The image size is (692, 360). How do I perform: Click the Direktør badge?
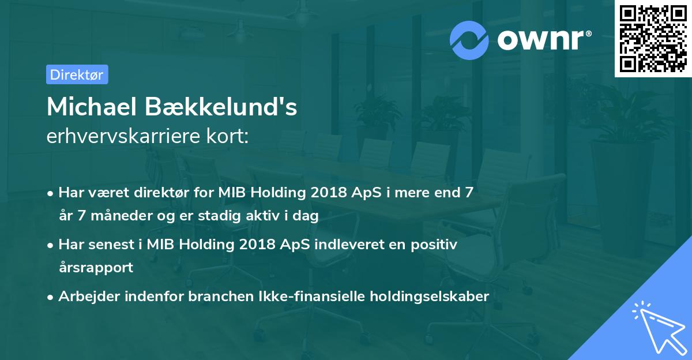tap(77, 74)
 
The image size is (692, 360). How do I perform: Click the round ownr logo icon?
tap(469, 40)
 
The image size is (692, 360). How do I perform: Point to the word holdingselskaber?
tap(427, 297)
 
